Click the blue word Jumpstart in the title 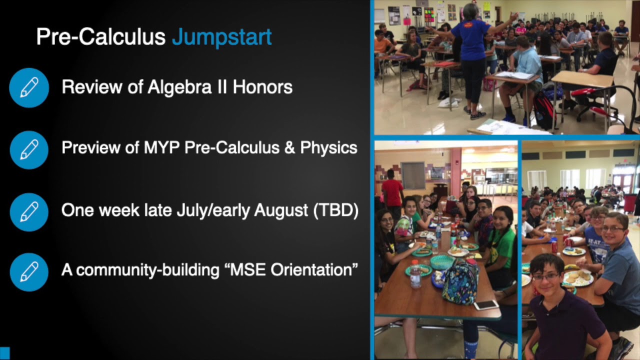pyautogui.click(x=221, y=37)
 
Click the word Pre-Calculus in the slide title pyautogui.click(x=100, y=37)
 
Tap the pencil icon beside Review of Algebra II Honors pyautogui.click(x=29, y=87)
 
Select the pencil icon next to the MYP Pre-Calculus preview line pyautogui.click(x=29, y=149)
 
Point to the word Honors pyautogui.click(x=262, y=87)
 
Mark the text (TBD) pyautogui.click(x=335, y=210)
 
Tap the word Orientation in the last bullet pyautogui.click(x=313, y=270)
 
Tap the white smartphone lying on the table pyautogui.click(x=485, y=304)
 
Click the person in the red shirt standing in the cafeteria pyautogui.click(x=392, y=192)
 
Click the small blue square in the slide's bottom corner pyautogui.click(x=4, y=353)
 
